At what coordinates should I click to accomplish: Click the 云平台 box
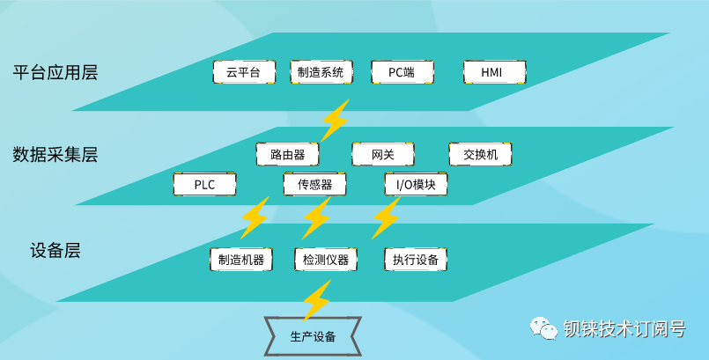[244, 72]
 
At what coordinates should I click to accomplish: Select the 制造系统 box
[321, 72]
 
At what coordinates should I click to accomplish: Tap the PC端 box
[401, 72]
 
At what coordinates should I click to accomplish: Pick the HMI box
[494, 72]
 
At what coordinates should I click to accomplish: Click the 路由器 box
[287, 154]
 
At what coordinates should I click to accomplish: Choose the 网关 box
[383, 154]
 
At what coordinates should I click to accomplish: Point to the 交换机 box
[480, 154]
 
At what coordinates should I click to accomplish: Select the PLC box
[204, 185]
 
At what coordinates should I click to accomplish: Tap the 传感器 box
[314, 185]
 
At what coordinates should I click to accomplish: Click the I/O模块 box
[416, 185]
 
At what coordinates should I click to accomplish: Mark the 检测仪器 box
[326, 260]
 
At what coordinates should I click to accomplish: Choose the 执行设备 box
[416, 260]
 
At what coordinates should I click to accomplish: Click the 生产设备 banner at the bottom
[313, 335]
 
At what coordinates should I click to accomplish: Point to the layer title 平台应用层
[55, 72]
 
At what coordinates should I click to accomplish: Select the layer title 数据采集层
[55, 155]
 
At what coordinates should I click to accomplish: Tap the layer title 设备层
[55, 251]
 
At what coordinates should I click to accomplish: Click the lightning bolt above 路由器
[334, 121]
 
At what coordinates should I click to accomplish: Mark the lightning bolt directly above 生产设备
[316, 301]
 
